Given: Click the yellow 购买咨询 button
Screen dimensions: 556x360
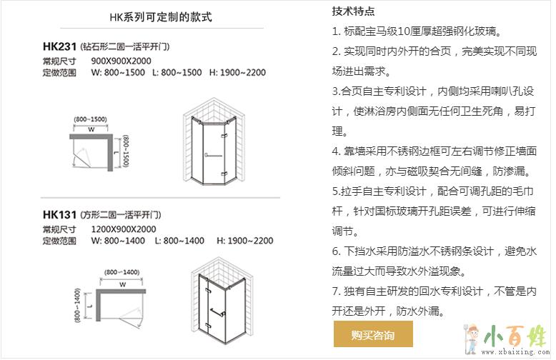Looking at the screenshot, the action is click(x=373, y=334).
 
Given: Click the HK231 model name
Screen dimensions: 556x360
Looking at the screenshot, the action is click(x=59, y=46).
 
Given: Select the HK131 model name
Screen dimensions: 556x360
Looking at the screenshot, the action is click(x=59, y=215).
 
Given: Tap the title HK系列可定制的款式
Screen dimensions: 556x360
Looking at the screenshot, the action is click(x=161, y=16).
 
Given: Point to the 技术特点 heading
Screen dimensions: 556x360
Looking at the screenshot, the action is click(x=353, y=11).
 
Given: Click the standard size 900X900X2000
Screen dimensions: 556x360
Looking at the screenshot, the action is click(x=121, y=61).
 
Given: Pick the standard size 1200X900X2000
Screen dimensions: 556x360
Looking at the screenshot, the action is click(x=124, y=229).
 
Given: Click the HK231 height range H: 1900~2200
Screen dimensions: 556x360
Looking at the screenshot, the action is click(x=237, y=73).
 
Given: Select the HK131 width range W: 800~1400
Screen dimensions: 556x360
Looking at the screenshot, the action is click(x=118, y=241).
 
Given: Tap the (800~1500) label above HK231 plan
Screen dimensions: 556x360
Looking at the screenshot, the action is click(x=91, y=119).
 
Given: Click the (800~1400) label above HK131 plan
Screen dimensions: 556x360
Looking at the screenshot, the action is click(x=121, y=272).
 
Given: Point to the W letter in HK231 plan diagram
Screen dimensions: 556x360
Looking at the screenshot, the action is click(x=91, y=129).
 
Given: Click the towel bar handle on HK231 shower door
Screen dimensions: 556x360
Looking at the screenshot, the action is click(x=213, y=155).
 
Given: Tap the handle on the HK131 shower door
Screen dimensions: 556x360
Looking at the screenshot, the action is click(x=217, y=313).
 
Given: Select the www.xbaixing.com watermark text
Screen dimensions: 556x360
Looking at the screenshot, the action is click(x=515, y=352).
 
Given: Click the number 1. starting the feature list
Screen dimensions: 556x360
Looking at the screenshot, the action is click(x=336, y=31).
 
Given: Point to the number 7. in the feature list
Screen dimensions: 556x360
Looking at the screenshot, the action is click(x=336, y=291).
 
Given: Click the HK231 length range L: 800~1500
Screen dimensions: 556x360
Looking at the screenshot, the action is click(x=177, y=73).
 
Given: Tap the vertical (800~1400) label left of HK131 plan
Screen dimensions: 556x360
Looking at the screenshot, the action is click(x=78, y=305).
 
